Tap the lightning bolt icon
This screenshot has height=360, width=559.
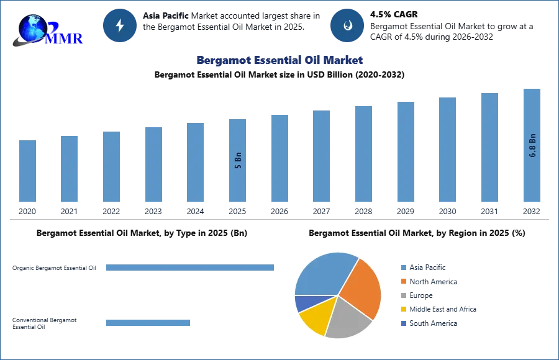(x=120, y=25)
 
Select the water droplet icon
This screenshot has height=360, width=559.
(x=347, y=25)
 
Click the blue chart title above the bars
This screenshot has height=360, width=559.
(x=279, y=60)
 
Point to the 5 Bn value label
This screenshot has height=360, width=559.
(x=238, y=160)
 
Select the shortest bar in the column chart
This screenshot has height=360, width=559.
(x=27, y=171)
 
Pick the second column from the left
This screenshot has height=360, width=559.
(x=70, y=169)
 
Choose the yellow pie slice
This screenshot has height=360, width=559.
(x=314, y=318)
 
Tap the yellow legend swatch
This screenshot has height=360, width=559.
(x=403, y=308)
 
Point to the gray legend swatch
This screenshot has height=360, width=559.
(x=403, y=296)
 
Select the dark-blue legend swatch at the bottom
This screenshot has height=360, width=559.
(x=403, y=323)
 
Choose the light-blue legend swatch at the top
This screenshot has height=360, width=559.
(x=403, y=268)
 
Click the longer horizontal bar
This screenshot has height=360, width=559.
(x=191, y=268)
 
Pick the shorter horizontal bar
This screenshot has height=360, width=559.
(x=148, y=323)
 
